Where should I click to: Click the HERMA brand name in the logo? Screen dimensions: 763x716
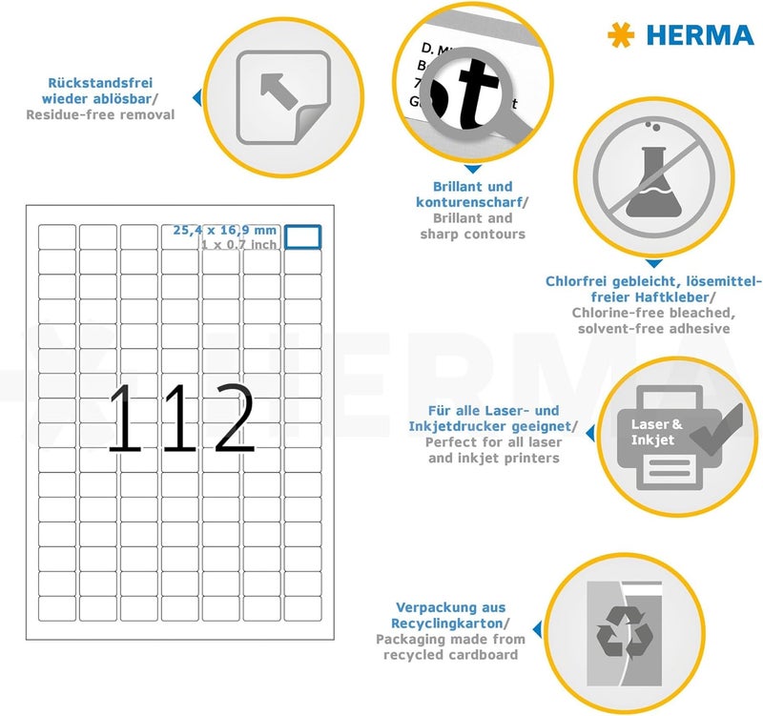point(700,35)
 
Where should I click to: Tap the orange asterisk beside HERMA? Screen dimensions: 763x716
point(622,35)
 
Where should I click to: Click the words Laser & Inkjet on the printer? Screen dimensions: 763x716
point(656,432)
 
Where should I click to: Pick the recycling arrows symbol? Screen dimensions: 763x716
point(625,633)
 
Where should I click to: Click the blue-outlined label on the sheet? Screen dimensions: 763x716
point(302,236)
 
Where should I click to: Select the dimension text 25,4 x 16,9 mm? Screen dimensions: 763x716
point(225,230)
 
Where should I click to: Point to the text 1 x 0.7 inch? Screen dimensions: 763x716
point(239,244)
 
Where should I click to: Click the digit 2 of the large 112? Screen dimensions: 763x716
point(235,418)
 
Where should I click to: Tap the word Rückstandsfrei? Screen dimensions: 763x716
point(100,83)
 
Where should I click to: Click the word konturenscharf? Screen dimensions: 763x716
point(469,202)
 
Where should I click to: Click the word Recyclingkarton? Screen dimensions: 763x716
point(447,624)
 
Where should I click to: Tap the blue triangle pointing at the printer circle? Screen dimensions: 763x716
point(590,433)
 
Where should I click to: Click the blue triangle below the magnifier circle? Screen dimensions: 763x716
point(472,170)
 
